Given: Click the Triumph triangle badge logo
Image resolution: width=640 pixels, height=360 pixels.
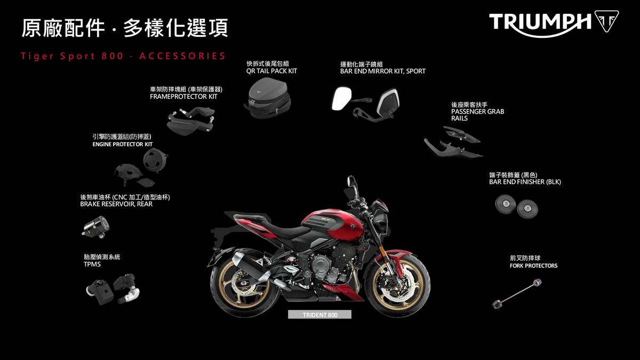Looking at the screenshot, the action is [606, 21].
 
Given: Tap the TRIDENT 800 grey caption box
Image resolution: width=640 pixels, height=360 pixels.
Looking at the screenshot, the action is [319, 315].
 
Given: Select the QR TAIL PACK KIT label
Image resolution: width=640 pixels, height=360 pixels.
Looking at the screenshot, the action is [271, 71].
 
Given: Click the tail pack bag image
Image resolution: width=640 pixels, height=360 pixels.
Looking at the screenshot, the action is [267, 98].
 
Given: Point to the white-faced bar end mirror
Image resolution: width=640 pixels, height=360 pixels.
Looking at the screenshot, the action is [341, 99].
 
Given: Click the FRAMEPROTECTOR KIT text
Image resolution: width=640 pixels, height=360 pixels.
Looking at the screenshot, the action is [183, 97].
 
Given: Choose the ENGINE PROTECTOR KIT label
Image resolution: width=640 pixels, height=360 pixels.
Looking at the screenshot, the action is [122, 145].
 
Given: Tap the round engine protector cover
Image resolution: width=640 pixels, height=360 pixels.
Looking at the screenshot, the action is [155, 161].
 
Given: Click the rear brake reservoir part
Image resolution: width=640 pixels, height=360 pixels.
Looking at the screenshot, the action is [95, 227].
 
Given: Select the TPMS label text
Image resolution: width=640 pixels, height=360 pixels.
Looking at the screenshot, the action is [92, 265].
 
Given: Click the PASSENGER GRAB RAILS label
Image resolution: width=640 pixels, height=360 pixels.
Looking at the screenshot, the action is [477, 115].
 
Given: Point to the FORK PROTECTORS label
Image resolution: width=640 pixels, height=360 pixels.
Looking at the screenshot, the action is [533, 266].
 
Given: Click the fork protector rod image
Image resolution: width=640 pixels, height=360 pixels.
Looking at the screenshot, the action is [517, 294].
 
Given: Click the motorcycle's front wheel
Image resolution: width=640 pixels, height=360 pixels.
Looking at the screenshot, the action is [397, 286].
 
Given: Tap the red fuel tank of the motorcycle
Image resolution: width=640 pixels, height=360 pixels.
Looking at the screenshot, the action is [331, 225].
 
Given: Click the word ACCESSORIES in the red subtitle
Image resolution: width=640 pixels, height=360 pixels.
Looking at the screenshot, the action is [182, 56].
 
